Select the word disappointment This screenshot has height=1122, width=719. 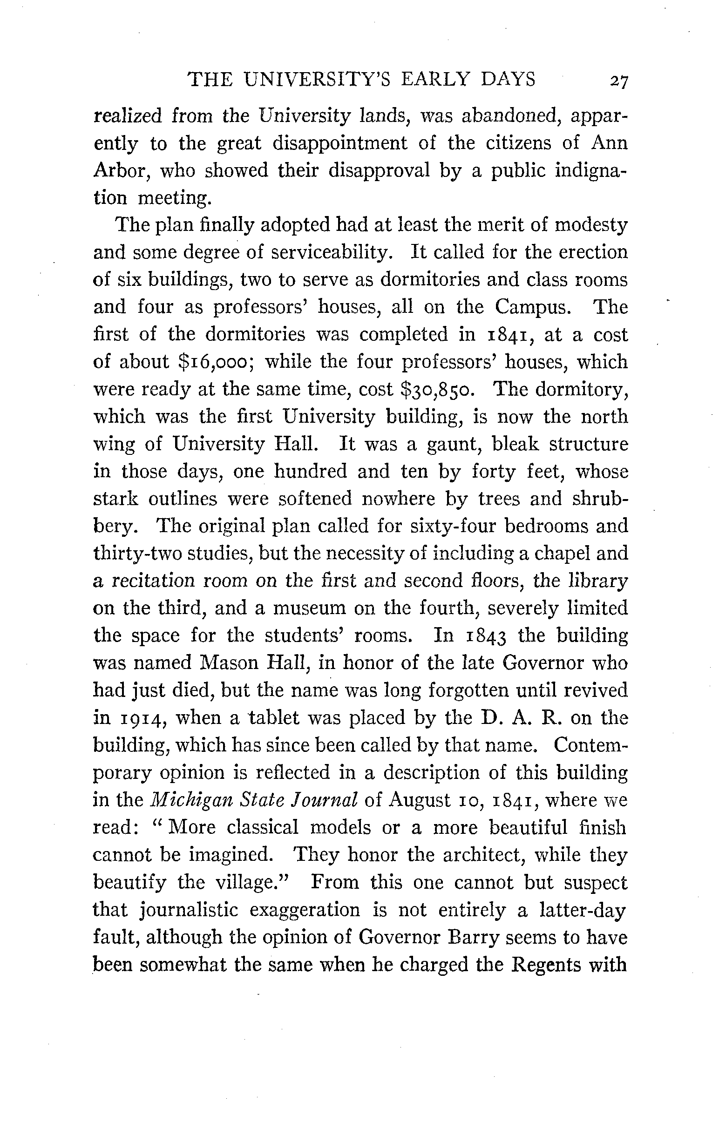click(340, 143)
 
